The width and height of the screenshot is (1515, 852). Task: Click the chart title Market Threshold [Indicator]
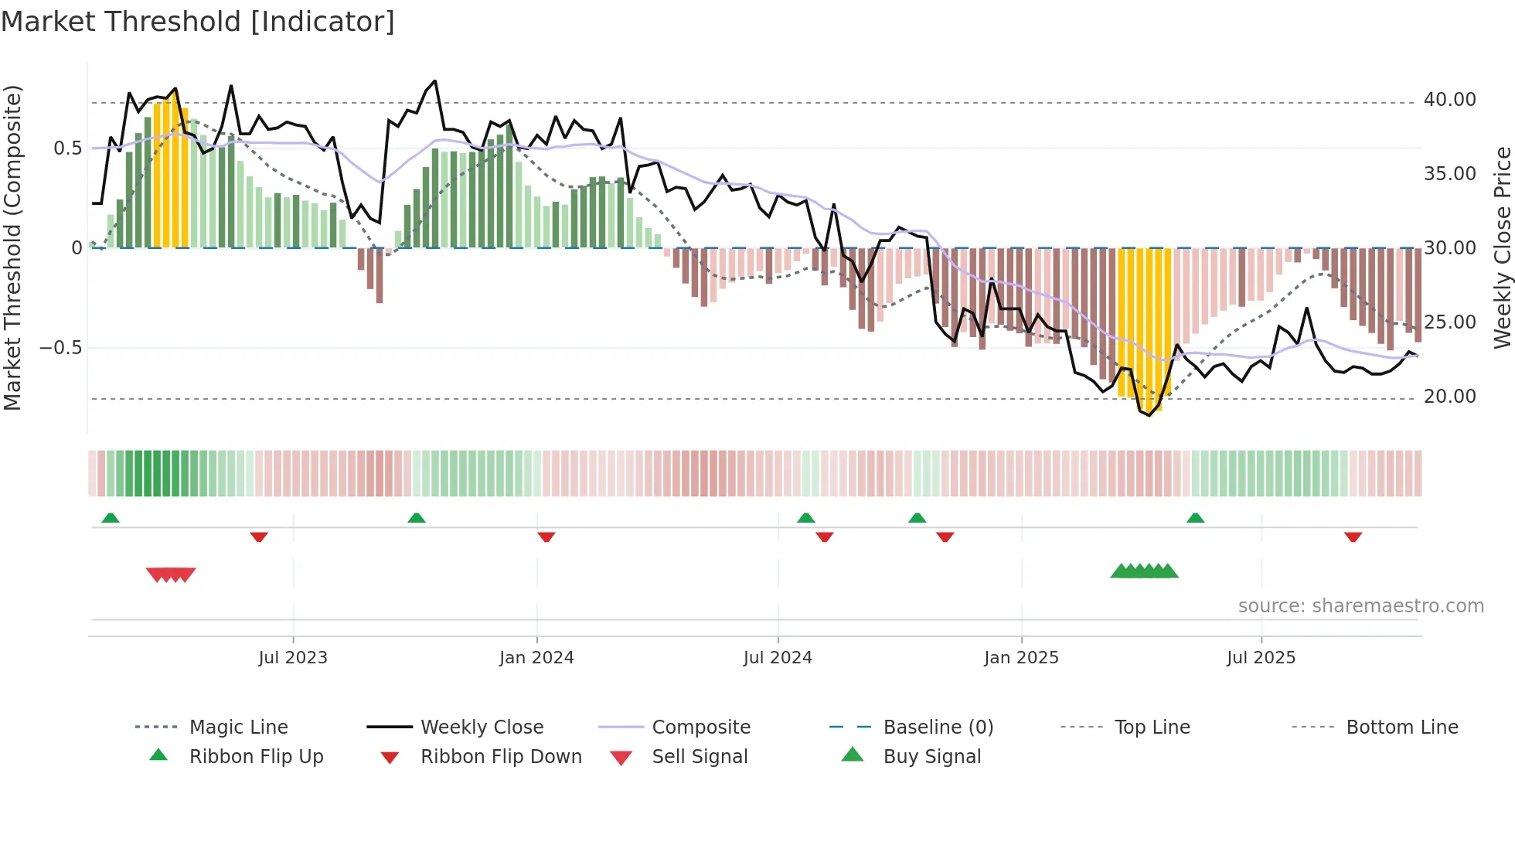pos(198,22)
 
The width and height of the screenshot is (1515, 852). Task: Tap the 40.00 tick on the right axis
pos(1449,100)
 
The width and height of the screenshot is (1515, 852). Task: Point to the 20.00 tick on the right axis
pos(1449,397)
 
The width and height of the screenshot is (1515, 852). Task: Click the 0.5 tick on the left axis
pos(67,148)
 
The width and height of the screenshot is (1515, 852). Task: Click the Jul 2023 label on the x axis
pos(293,658)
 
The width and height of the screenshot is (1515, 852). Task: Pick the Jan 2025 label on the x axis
pos(1021,658)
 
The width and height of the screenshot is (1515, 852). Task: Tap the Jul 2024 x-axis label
pos(778,658)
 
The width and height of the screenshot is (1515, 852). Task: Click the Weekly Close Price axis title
pos(1502,247)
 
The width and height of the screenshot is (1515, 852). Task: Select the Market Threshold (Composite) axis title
pos(12,247)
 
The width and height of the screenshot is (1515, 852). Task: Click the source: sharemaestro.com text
pos(1360,606)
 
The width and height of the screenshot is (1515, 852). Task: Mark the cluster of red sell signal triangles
pos(171,574)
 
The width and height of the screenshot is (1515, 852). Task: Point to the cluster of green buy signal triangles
pos(1144,571)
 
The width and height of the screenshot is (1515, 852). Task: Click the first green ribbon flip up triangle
pos(111,518)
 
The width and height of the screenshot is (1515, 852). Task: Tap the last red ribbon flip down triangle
pos(1353,537)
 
